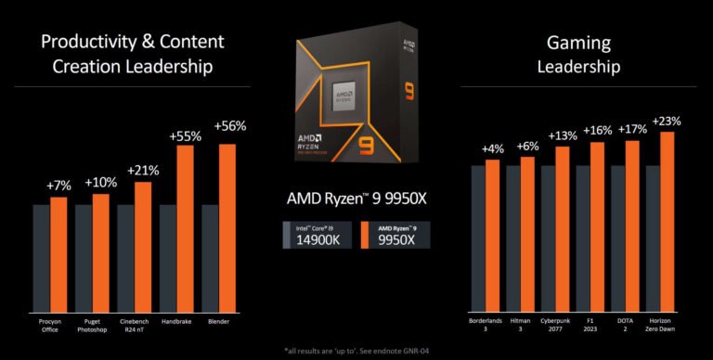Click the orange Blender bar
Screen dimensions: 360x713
coord(227,226)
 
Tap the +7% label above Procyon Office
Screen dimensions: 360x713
coord(58,187)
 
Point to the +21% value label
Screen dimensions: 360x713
coord(142,172)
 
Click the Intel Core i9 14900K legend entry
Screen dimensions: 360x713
coord(318,235)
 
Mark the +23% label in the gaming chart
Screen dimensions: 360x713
coord(666,122)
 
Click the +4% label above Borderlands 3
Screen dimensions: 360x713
coord(493,149)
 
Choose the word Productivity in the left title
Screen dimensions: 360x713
coord(90,42)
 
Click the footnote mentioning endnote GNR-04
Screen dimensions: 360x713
coord(356,351)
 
